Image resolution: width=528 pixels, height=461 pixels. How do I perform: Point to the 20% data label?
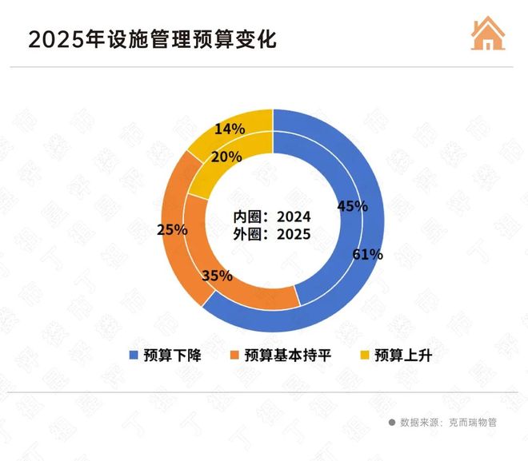[227, 157]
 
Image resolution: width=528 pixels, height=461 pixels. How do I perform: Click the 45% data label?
[352, 205]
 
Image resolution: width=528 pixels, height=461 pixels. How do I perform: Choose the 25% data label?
[172, 229]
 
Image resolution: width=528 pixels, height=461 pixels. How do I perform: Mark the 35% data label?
[217, 276]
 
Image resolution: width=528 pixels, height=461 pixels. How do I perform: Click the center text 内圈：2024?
[272, 217]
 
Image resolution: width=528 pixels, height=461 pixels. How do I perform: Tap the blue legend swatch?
[134, 356]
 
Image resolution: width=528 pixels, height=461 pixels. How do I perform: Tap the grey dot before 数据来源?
[392, 422]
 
